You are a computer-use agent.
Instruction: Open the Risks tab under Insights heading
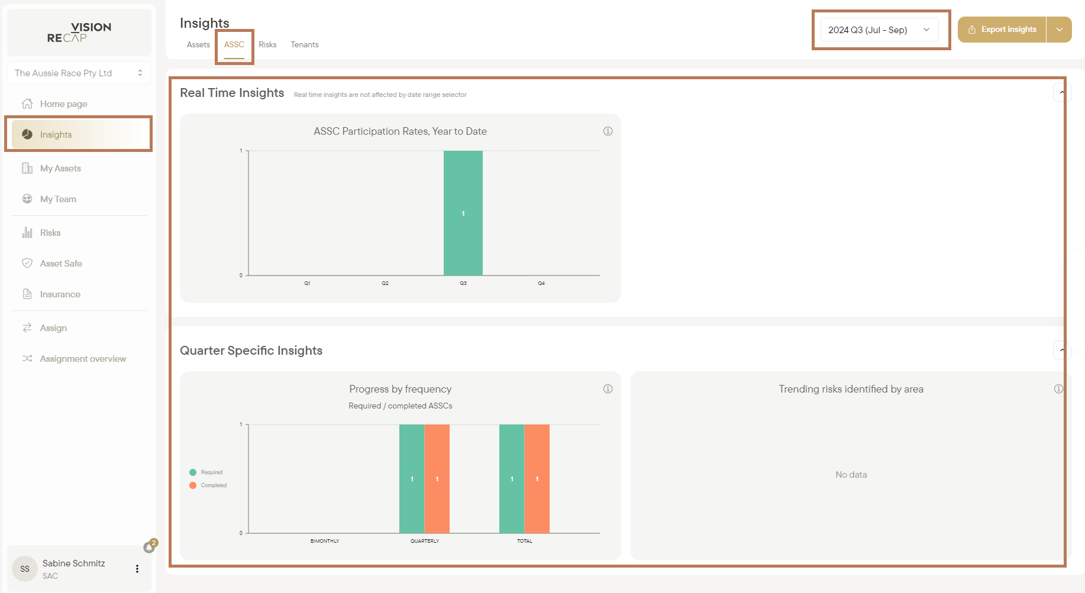[267, 44]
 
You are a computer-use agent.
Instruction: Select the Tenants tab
[305, 44]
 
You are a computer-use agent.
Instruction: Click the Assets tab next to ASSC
[198, 44]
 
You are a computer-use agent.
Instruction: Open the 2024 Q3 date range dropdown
[879, 30]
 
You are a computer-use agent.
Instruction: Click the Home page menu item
[63, 104]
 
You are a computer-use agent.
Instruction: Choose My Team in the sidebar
[58, 199]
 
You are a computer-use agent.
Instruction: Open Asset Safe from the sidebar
[61, 264]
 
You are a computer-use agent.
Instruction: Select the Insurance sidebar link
[60, 294]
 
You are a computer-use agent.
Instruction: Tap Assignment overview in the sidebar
[83, 359]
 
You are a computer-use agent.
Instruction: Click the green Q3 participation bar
[463, 213]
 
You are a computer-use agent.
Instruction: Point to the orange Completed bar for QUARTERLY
[437, 478]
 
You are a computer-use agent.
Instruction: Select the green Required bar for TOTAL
[512, 478]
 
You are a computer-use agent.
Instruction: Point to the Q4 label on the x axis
[541, 283]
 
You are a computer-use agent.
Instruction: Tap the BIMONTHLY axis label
[325, 541]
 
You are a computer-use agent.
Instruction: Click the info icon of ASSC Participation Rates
[608, 131]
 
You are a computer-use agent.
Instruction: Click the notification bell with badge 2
[150, 547]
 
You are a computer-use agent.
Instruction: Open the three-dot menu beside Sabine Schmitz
[137, 569]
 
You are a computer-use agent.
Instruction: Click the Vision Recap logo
[79, 33]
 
